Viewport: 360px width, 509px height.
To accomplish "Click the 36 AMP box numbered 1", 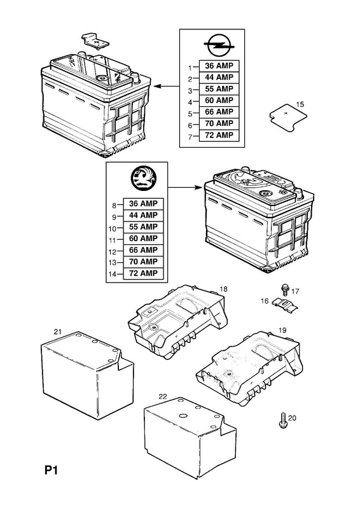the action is pos(219,66).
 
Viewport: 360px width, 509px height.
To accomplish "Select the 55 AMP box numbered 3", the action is pos(219,89).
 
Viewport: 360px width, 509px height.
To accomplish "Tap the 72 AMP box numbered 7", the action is pos(219,136).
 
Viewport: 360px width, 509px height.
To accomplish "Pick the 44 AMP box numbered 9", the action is pos(143,216).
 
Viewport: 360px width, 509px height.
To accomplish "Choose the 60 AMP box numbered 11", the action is pos(143,239).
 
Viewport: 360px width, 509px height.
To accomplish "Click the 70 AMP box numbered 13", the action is pos(143,261).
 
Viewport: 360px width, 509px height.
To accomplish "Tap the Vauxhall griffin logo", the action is pos(144,178).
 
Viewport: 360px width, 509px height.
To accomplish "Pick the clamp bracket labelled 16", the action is pos(285,305).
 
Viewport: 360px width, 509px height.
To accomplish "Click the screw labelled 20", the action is pos(282,420).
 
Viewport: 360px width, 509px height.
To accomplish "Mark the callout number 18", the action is pos(223,289).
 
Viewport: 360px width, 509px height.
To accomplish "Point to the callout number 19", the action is pos(282,330).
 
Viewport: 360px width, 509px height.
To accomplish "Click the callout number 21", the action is pos(57,331).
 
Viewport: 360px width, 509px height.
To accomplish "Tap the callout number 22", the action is pos(163,396).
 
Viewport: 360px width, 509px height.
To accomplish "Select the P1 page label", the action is pos(51,470).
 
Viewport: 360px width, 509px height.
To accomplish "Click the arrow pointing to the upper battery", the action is pos(166,87).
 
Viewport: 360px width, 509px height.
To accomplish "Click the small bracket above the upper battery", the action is pos(95,41).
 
